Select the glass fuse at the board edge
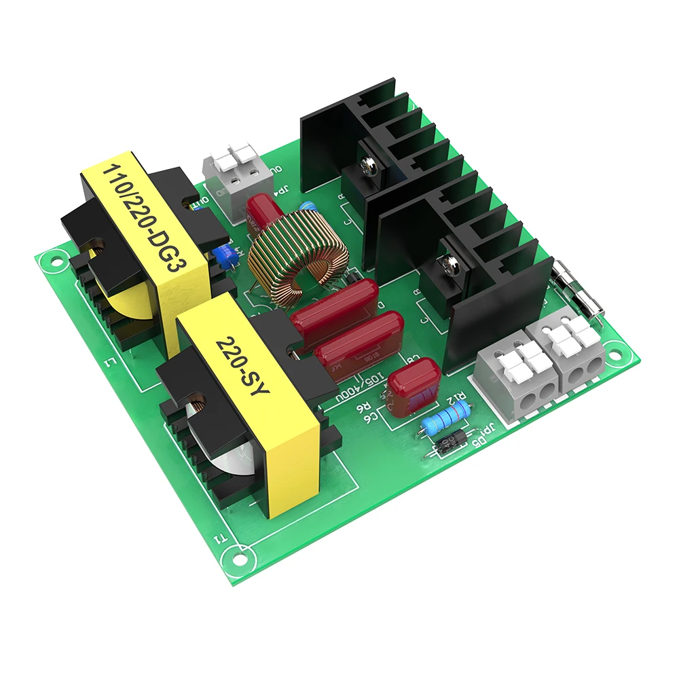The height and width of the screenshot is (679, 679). [x=576, y=289]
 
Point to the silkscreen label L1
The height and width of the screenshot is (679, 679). [x=109, y=367]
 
